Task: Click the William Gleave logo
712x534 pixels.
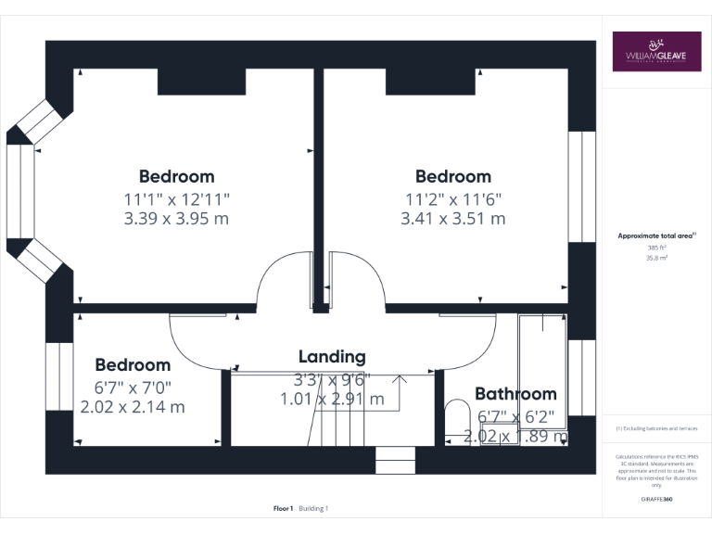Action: [655, 52]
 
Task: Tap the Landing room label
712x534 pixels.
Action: [332, 357]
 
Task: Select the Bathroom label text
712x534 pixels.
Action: [515, 394]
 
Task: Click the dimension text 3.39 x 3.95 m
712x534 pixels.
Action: [176, 219]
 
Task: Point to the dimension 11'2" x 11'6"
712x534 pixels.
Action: [452, 197]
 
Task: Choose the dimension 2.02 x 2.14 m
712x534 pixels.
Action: [133, 407]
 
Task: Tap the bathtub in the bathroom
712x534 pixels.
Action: [542, 375]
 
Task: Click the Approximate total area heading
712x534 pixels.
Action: [656, 236]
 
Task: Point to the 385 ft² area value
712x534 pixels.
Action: [656, 248]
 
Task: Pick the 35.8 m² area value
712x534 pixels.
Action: [656, 259]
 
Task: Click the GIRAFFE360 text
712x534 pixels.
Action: [656, 500]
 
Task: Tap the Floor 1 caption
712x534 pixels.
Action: [284, 508]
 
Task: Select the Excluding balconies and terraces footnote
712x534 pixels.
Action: [656, 428]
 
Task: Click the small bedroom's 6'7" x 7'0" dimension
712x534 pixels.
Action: [133, 387]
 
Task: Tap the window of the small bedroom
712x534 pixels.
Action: [59, 376]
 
